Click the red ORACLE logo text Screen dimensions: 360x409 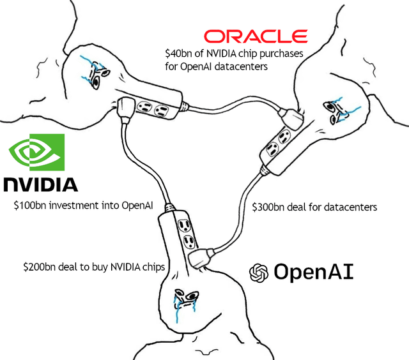click(256, 36)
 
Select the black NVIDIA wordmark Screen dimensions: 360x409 click(41, 184)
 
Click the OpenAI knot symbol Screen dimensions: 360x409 click(258, 273)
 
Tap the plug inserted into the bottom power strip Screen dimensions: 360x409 click(199, 255)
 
